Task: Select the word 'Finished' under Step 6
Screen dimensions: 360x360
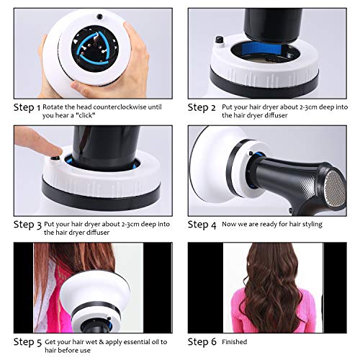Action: (235, 341)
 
